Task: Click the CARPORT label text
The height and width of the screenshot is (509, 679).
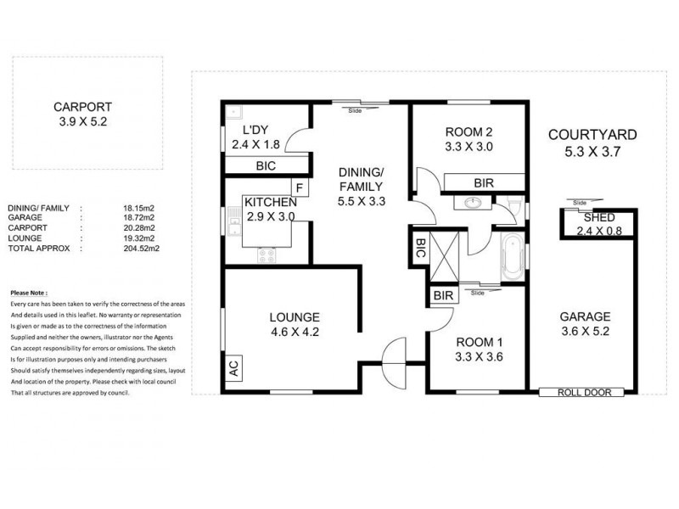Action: pos(82,107)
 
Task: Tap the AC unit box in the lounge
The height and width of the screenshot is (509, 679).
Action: pos(233,368)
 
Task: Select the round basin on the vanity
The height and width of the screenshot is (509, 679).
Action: pos(471,204)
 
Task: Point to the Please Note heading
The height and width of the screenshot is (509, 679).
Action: pos(30,289)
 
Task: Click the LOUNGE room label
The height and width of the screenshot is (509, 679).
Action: pos(296,316)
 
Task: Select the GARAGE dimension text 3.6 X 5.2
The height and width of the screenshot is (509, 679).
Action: pos(585,333)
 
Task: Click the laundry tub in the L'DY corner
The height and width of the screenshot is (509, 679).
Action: pos(234,112)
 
